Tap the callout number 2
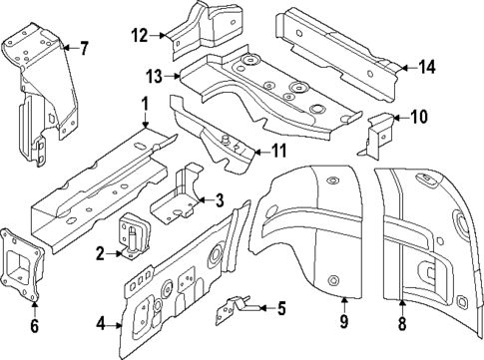(x=100, y=255)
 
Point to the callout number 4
(x=100, y=322)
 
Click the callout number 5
(x=281, y=307)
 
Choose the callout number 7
(x=84, y=47)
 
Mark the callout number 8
(x=402, y=322)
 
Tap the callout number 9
(x=343, y=322)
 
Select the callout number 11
(x=278, y=152)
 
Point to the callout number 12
(x=139, y=36)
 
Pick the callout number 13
(x=153, y=75)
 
